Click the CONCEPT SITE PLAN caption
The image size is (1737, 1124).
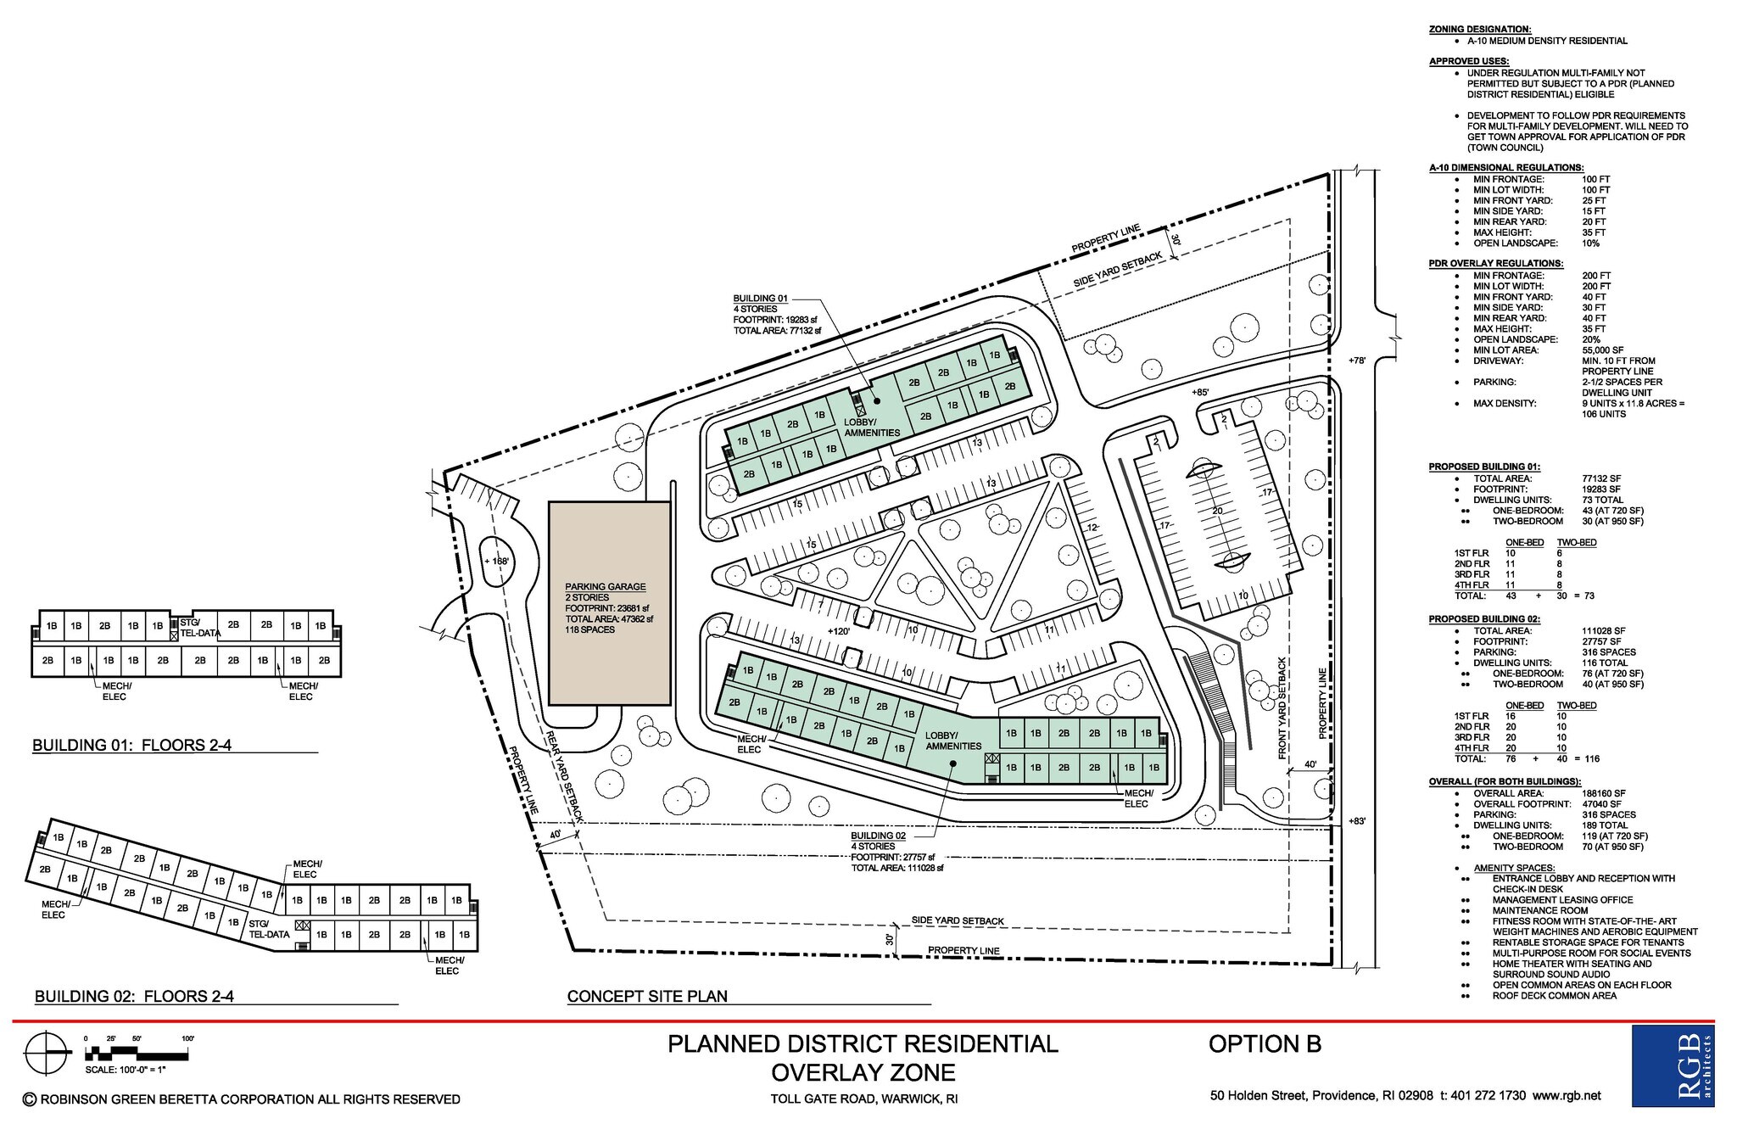tap(647, 996)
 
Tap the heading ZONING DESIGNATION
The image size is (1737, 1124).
tap(1479, 29)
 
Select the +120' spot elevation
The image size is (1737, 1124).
tap(838, 631)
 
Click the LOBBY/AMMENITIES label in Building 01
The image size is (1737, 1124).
tap(872, 428)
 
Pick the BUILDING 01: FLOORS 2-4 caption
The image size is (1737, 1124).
tap(131, 746)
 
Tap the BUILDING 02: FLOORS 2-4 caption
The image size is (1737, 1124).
tap(134, 997)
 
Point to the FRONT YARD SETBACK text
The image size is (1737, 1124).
tap(1283, 708)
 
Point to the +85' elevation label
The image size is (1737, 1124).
tap(1200, 393)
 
